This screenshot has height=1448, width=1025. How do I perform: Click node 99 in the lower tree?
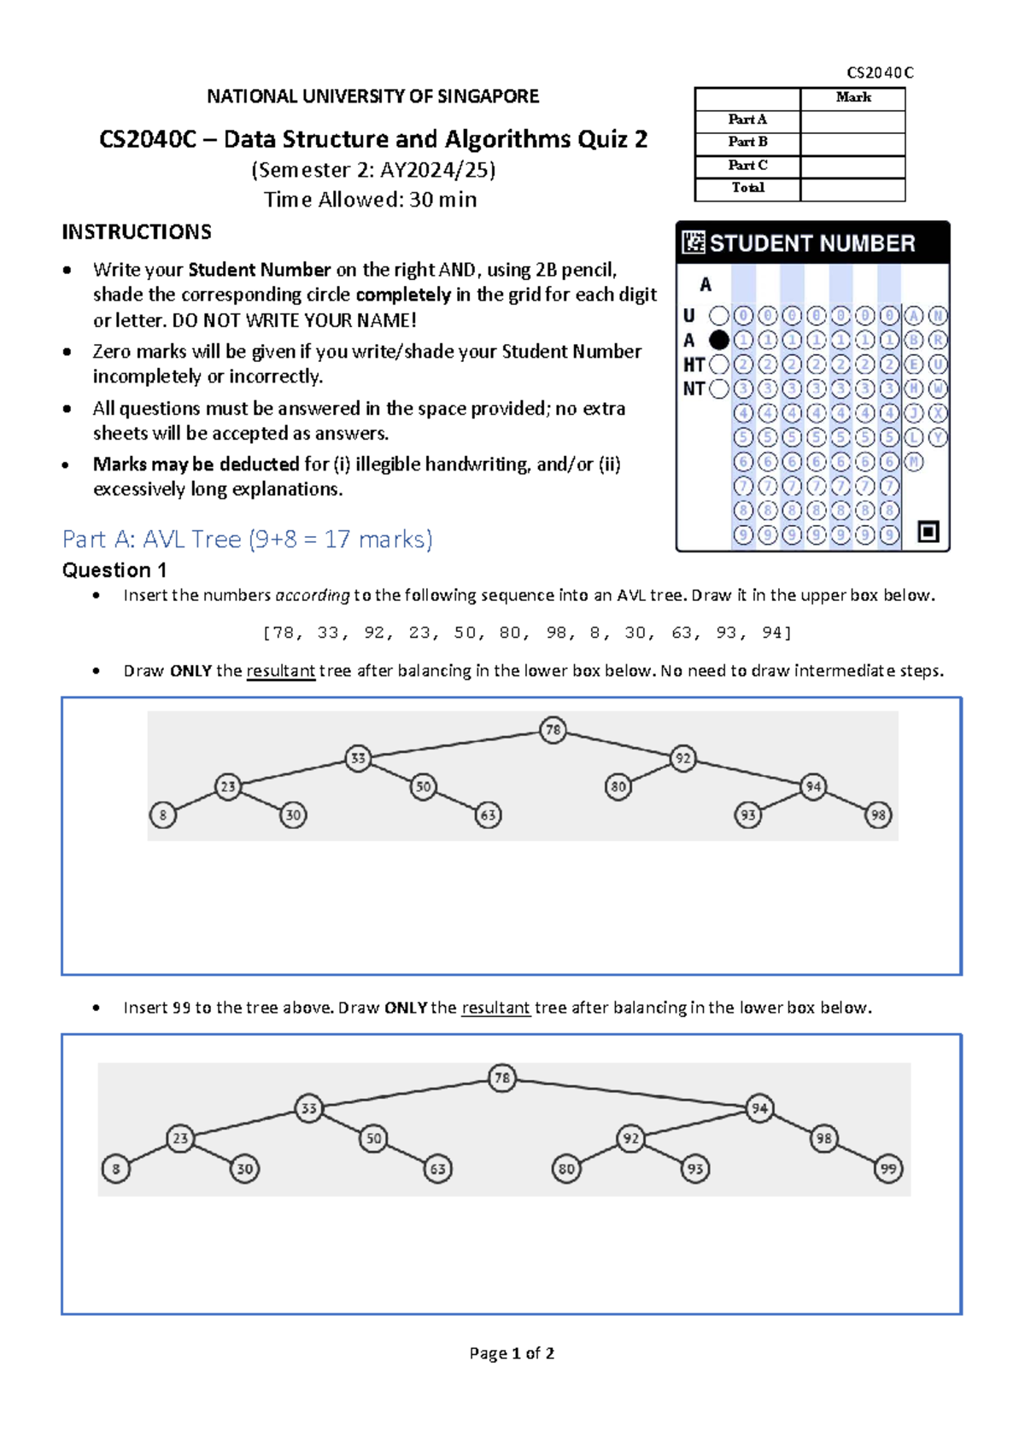[888, 1169]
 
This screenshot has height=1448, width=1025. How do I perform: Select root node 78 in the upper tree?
[553, 730]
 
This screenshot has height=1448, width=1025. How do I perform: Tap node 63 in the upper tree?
[488, 815]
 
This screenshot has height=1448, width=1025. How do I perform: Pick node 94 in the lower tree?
[759, 1108]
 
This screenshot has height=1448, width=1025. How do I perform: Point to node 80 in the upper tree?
[618, 786]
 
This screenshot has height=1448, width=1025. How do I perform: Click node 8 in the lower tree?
[116, 1169]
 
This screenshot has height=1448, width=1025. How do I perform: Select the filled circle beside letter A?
[719, 340]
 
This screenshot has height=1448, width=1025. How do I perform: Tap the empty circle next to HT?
[719, 365]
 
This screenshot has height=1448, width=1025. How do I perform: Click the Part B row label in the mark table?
[747, 142]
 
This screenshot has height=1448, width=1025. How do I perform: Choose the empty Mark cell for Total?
[852, 189]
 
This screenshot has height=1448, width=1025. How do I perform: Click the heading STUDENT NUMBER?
[811, 243]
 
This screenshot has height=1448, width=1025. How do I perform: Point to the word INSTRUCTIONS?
[137, 232]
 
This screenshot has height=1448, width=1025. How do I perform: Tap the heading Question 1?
[114, 570]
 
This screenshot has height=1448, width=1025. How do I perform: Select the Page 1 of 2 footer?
[512, 1353]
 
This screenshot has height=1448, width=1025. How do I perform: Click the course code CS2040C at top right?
[880, 73]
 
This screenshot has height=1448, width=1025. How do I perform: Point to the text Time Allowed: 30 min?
[370, 200]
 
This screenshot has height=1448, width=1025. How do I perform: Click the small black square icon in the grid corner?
[928, 532]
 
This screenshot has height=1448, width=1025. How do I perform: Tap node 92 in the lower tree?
[630, 1138]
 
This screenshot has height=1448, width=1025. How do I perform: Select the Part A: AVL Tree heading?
[248, 540]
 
